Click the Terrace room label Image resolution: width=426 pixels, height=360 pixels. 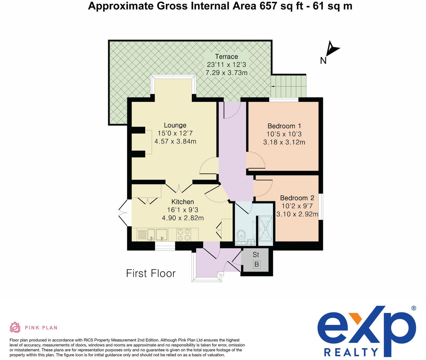[227, 57]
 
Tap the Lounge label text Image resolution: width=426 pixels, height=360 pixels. [175, 125]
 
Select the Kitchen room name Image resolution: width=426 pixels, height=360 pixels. [183, 202]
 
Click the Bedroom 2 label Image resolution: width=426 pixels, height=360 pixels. [297, 198]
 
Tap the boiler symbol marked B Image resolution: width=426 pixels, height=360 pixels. [257, 265]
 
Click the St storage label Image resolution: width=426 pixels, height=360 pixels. [256, 255]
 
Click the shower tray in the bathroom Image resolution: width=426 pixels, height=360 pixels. [265, 228]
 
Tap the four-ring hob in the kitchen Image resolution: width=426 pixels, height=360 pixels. [184, 235]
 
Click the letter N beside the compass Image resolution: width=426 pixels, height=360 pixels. [323, 61]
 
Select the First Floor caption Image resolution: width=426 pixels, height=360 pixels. [151, 273]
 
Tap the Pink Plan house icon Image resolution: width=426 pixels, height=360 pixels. [15, 327]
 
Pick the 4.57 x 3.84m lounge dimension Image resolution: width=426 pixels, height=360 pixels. [175, 141]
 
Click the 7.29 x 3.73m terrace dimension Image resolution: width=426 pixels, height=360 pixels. [227, 73]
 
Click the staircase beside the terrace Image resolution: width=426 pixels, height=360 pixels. [289, 86]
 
